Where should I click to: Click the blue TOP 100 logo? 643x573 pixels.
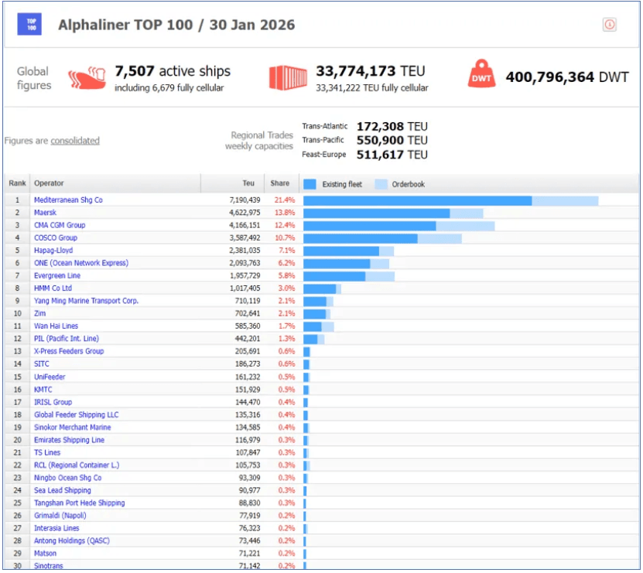30,25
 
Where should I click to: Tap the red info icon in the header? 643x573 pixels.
610,25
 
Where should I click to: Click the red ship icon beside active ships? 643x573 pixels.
87,78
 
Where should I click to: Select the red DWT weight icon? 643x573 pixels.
481,75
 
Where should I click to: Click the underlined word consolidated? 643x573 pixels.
75,141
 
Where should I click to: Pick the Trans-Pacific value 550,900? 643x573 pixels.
381,140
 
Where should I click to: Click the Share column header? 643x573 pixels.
279,184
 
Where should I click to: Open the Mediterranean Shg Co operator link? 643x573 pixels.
68,200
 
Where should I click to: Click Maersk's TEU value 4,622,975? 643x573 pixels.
239,213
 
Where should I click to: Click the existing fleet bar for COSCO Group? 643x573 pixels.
360,238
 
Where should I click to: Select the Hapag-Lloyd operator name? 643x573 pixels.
53,251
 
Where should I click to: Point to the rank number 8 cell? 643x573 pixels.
17,288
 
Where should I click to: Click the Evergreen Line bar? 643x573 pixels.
334,276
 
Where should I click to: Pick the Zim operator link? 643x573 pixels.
40,313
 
